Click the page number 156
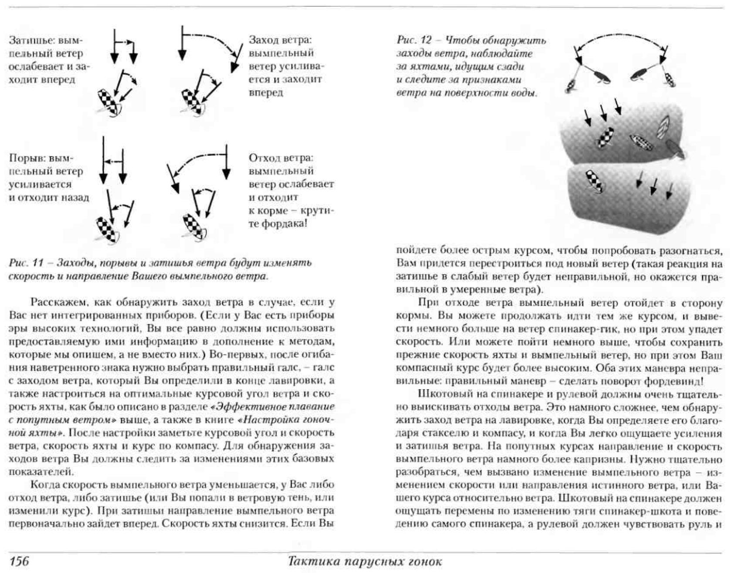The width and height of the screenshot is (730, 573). click(x=19, y=560)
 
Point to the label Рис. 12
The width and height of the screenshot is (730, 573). click(x=414, y=41)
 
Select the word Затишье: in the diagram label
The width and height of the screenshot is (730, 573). click(x=33, y=41)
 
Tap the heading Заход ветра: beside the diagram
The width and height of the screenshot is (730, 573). click(x=280, y=40)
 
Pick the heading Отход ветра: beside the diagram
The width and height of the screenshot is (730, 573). click(x=281, y=158)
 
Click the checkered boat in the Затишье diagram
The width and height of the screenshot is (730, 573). click(x=108, y=103)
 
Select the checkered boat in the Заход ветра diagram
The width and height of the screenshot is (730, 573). click(x=192, y=102)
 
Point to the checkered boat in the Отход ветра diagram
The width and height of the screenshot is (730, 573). click(x=193, y=227)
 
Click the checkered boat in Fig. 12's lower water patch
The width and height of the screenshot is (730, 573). click(x=595, y=180)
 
